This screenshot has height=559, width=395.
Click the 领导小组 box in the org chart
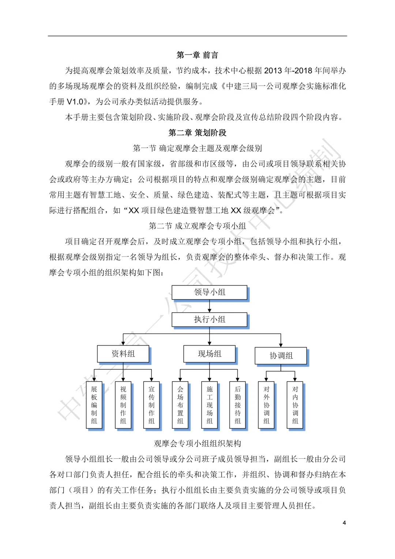click(x=210, y=292)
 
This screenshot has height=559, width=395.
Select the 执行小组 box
click(x=210, y=319)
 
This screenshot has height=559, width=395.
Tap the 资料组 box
click(x=123, y=354)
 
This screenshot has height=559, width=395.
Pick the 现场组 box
click(x=210, y=354)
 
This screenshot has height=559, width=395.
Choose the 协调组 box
click(x=281, y=355)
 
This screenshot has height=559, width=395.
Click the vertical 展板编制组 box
click(x=94, y=405)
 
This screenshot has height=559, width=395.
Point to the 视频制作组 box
click(x=123, y=405)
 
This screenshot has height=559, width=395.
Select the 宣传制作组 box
click(x=151, y=405)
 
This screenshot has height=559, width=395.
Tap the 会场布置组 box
click(x=180, y=405)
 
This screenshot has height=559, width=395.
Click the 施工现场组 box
click(x=210, y=405)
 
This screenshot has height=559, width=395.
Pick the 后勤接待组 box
click(x=238, y=405)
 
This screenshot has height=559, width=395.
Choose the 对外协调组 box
click(x=267, y=405)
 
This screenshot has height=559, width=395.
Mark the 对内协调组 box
click(x=295, y=405)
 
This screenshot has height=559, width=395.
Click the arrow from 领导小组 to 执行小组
click(x=210, y=306)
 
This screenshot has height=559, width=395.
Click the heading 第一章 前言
click(x=197, y=55)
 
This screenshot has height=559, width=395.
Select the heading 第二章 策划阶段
click(x=197, y=133)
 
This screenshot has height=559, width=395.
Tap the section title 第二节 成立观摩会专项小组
click(x=197, y=226)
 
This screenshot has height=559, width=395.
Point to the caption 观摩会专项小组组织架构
click(x=197, y=443)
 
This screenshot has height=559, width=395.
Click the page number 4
click(x=344, y=523)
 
